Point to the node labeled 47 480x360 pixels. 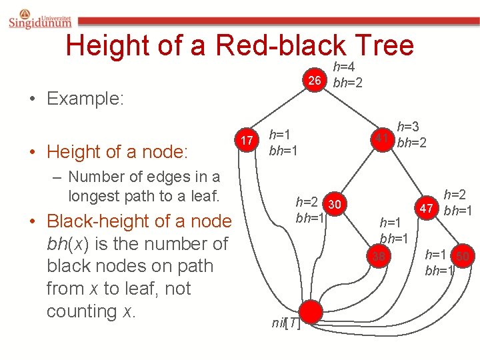(427, 208)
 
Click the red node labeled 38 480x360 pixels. (379, 255)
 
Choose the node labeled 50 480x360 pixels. (463, 255)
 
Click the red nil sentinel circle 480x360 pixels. (310, 311)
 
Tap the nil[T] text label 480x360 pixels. (285, 323)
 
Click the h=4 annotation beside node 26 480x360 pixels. (344, 67)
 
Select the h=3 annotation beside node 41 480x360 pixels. (408, 126)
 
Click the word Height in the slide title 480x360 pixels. (108, 45)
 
